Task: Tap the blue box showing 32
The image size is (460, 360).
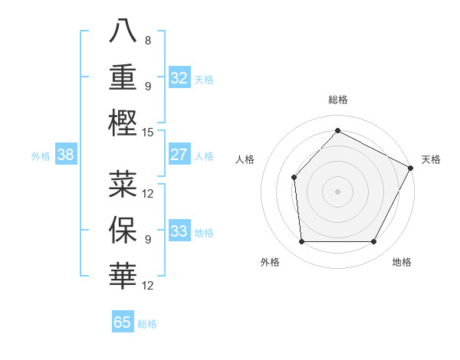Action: pos(179,78)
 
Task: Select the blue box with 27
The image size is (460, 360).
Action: pos(179,155)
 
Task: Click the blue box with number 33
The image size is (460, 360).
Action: pos(179,231)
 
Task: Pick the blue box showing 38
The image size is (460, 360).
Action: pos(65,155)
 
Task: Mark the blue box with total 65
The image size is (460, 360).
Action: pos(123,322)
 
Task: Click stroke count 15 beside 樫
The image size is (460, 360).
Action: pos(148,132)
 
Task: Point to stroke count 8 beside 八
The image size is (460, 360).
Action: pos(147,41)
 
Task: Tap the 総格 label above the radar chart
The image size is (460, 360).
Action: pos(338,100)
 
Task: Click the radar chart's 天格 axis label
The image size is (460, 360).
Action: pos(431,159)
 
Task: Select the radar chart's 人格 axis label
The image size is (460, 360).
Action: pos(245,159)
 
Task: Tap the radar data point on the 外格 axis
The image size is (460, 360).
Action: pos(301,242)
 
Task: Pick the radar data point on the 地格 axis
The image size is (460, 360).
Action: pos(374,242)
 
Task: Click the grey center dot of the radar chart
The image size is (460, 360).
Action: pos(337,191)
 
